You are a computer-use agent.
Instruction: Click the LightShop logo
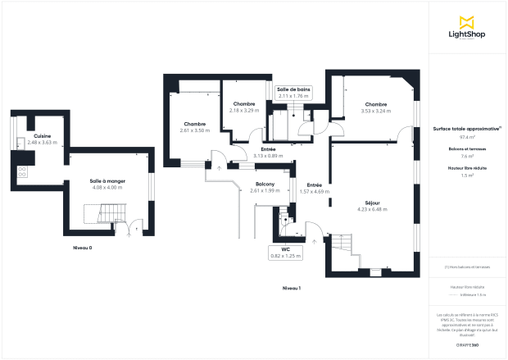coord(467,27)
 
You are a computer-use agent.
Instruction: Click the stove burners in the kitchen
coord(21,172)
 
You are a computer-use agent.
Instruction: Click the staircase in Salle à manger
coord(102,215)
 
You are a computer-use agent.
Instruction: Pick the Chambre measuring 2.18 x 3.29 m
coord(244,107)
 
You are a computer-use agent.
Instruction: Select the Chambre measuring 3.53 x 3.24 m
coord(376,107)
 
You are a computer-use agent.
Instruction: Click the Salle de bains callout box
coord(293,93)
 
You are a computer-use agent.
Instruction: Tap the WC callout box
coord(286,253)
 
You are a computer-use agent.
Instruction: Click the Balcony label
coord(265,187)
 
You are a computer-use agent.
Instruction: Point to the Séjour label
coord(373,205)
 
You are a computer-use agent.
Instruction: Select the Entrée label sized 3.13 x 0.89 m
coord(268,153)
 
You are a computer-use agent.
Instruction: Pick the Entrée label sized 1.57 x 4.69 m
coord(314,188)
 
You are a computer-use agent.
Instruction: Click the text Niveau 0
coord(82,247)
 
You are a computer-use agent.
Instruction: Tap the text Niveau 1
coord(291,288)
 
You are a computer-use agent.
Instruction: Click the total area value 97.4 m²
coord(467,138)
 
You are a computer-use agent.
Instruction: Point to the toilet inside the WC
coord(284,219)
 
